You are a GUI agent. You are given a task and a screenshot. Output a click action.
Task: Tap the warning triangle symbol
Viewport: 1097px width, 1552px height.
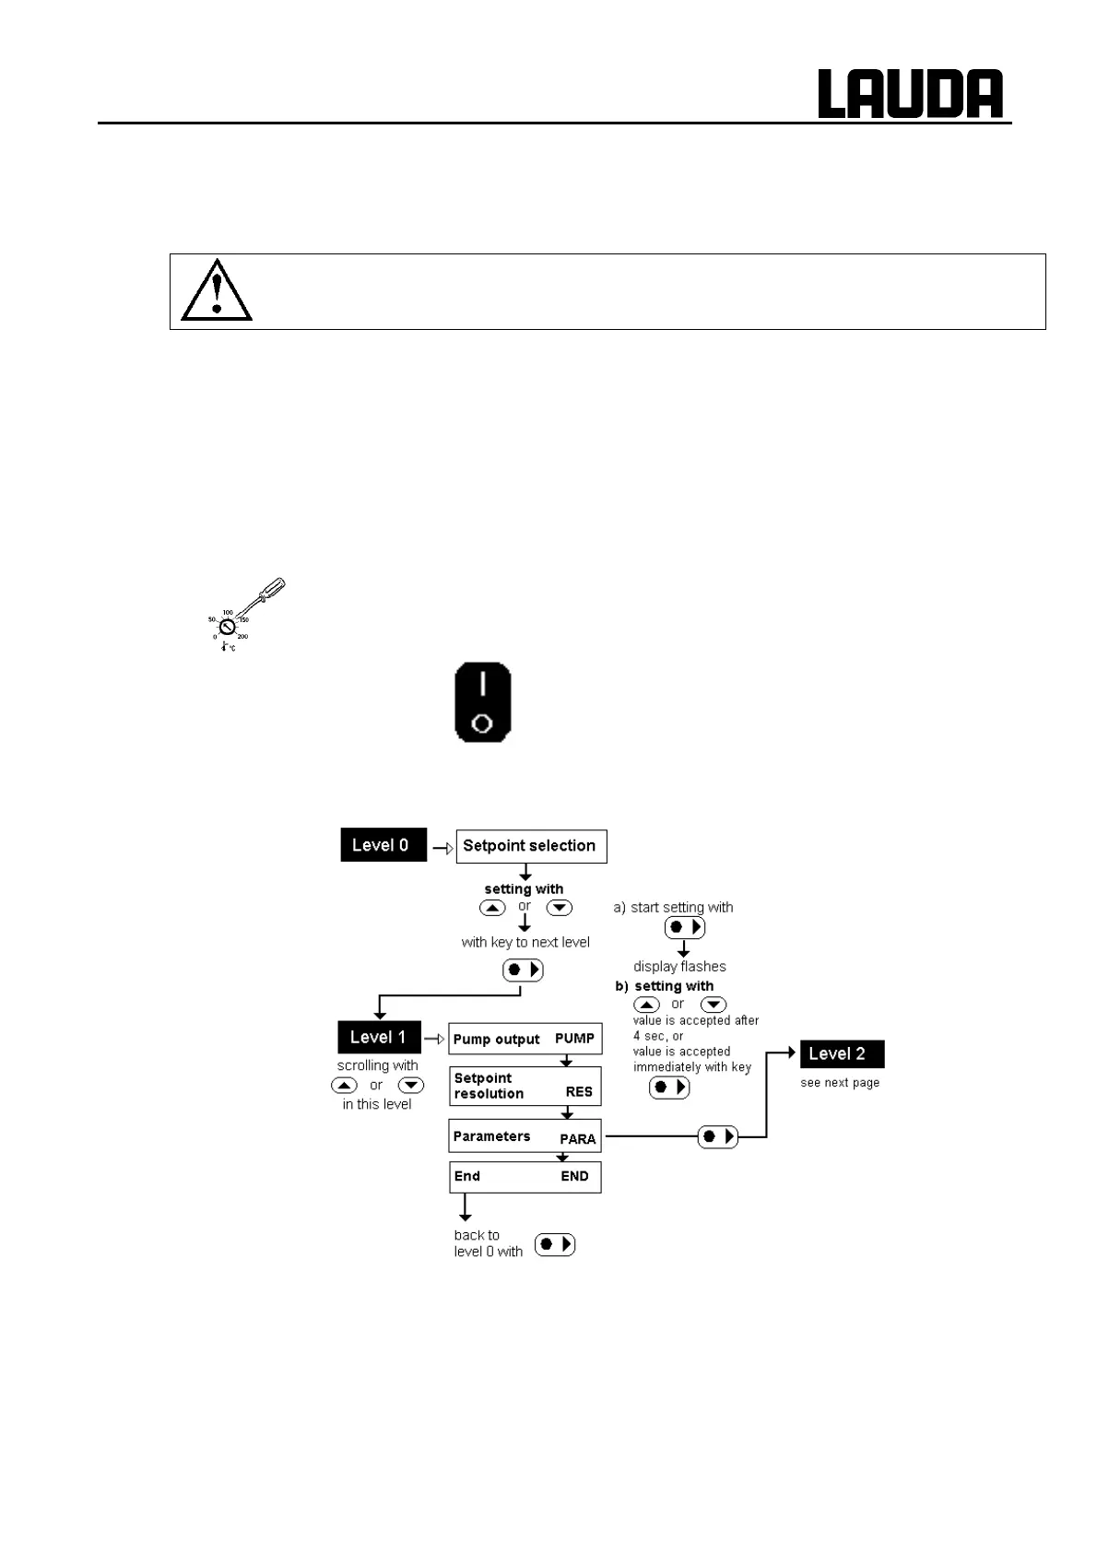tap(217, 290)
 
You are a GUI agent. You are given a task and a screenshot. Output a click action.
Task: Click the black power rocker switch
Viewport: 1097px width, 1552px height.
tap(482, 701)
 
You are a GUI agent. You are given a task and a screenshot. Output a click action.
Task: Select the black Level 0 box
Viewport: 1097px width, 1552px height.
tap(383, 845)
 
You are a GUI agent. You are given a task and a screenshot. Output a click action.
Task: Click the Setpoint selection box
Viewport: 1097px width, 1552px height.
tap(531, 846)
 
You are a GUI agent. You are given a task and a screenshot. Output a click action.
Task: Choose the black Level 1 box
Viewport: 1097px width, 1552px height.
tap(379, 1038)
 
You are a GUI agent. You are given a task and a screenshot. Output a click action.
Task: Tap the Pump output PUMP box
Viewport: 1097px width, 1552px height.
tap(525, 1039)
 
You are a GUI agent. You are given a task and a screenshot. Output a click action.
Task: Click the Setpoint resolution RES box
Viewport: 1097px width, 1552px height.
tap(525, 1086)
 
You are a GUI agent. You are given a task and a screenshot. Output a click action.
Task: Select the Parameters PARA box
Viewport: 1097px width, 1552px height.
tap(525, 1136)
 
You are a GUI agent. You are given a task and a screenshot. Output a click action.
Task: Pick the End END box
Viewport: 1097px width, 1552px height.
tap(525, 1176)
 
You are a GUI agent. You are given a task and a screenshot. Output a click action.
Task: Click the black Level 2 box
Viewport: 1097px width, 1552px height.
tap(842, 1053)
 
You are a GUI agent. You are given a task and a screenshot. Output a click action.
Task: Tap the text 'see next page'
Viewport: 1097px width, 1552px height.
tap(840, 1083)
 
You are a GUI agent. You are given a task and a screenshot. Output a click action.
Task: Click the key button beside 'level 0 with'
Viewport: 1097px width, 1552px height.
tap(555, 1244)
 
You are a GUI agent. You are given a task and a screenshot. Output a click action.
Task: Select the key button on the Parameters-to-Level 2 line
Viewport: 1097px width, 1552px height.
tap(717, 1136)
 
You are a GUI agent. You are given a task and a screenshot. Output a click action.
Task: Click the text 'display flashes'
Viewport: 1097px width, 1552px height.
tap(679, 967)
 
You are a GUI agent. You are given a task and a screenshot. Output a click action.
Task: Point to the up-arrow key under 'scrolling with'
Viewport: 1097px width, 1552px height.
tap(344, 1086)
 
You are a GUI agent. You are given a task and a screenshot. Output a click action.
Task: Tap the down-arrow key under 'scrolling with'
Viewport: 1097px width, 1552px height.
tap(411, 1086)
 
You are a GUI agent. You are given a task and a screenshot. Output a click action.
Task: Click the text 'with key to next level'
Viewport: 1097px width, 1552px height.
tap(525, 942)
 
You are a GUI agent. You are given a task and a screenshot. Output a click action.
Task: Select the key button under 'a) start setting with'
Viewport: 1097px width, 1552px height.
tap(684, 927)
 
